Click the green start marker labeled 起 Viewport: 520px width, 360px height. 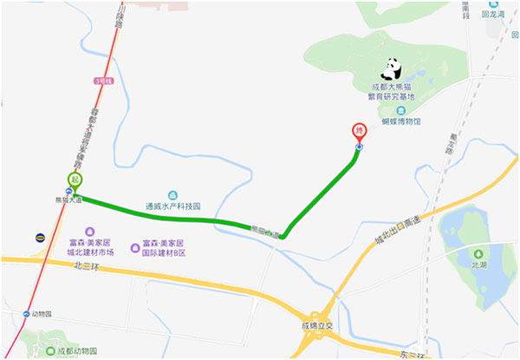click(x=75, y=180)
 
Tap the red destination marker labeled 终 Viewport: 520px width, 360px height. click(x=359, y=132)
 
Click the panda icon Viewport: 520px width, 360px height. click(x=394, y=69)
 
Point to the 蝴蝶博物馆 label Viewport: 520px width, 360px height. click(x=400, y=121)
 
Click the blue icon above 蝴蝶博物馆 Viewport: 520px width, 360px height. click(x=400, y=110)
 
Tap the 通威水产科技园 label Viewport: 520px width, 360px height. click(x=173, y=207)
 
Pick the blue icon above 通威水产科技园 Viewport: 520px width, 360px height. click(x=173, y=195)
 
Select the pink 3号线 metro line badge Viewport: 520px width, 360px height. click(x=104, y=80)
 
